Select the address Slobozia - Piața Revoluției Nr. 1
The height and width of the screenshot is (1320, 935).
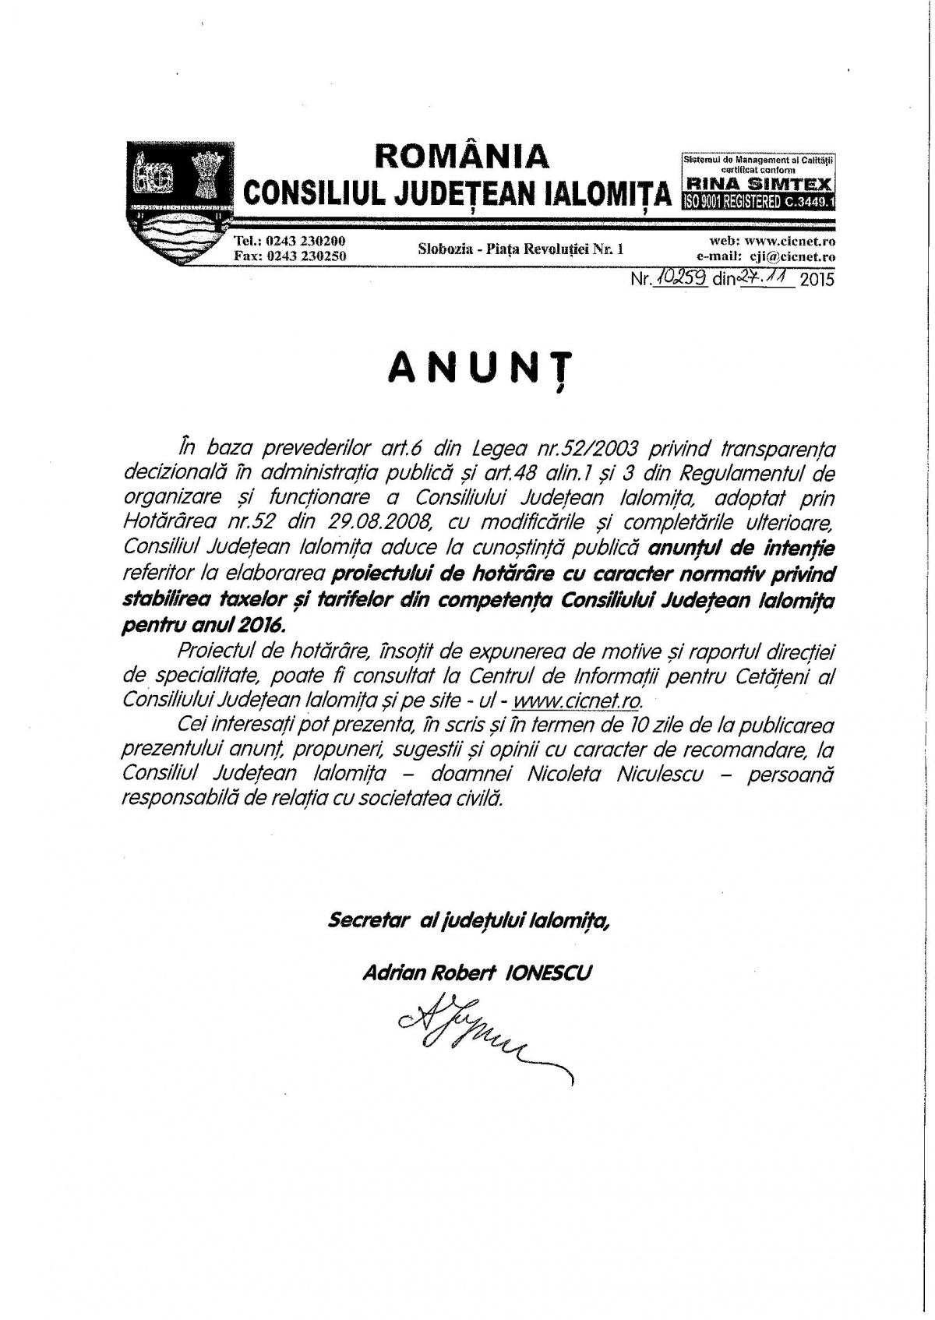pyautogui.click(x=520, y=249)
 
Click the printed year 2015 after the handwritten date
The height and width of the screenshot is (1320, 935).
pyautogui.click(x=816, y=278)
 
